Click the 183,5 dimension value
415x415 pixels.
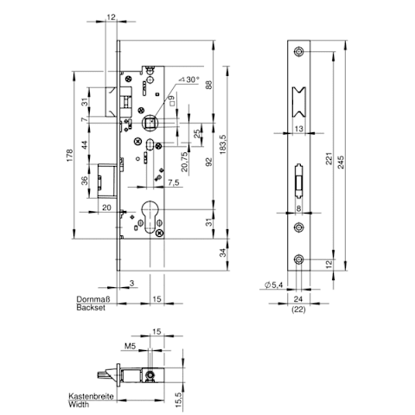(x=224, y=144)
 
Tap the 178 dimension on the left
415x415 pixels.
(x=70, y=156)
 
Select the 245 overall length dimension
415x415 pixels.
(x=341, y=163)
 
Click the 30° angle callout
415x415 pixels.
(x=189, y=80)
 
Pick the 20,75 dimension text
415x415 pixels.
(x=184, y=162)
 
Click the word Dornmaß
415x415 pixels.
(x=93, y=298)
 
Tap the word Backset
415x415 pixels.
(x=91, y=308)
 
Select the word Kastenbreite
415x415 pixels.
(x=91, y=396)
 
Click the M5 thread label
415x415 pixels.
(x=130, y=346)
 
